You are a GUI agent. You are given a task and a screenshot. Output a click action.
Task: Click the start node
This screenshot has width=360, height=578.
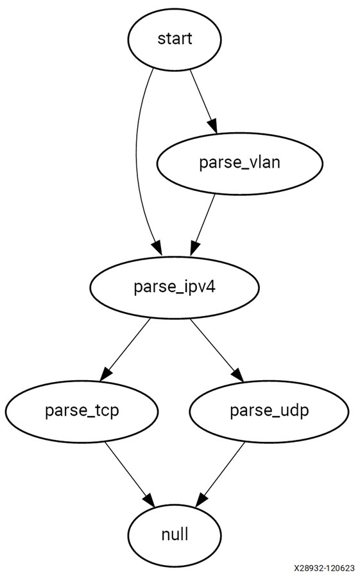[x=175, y=39]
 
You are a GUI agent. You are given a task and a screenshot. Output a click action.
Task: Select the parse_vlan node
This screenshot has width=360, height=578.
[x=240, y=163]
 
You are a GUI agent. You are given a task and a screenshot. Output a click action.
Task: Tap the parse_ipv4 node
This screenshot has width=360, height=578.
[x=175, y=287]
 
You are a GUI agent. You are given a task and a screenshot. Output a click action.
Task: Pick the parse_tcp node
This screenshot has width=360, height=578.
[x=81, y=411]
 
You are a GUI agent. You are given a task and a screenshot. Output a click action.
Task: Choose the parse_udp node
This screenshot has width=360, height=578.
[x=269, y=411]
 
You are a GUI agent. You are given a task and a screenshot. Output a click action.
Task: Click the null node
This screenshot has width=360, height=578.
[x=175, y=535]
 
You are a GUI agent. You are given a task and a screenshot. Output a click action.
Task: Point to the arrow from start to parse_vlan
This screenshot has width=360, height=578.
[x=203, y=101]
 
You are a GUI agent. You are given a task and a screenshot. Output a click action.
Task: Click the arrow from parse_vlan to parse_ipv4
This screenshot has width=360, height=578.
[x=203, y=225]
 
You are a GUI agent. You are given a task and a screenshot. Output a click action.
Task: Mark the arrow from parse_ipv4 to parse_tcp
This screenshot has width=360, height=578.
[x=125, y=349]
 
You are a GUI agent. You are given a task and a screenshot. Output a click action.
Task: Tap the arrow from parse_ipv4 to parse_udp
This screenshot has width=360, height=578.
[x=217, y=349]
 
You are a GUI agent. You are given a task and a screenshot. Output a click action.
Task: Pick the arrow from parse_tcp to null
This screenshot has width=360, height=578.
[x=130, y=475]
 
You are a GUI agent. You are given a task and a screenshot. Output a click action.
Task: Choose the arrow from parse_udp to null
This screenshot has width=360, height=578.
[x=220, y=475]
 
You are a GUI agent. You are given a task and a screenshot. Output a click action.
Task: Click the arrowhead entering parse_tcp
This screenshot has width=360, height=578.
[x=105, y=374]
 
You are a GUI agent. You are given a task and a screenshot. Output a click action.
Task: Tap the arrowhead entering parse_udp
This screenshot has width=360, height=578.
[x=238, y=374]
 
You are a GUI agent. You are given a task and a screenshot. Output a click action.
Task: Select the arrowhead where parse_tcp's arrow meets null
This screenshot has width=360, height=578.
[x=150, y=500]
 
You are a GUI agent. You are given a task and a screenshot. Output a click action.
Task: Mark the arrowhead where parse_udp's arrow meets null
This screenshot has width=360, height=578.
[x=201, y=500]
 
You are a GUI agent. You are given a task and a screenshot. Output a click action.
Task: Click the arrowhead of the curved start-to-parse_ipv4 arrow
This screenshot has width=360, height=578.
[x=157, y=248]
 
